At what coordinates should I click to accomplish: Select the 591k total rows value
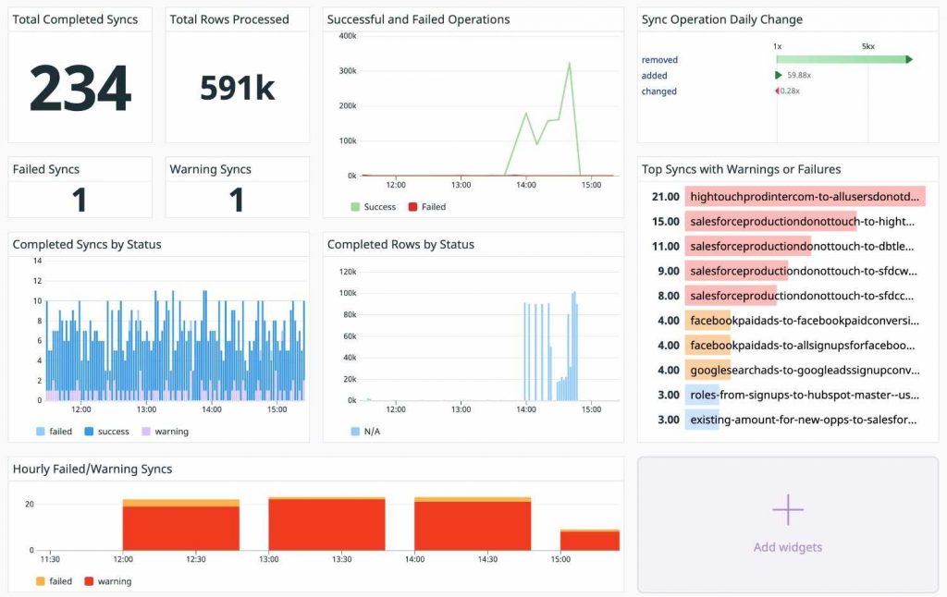[238, 87]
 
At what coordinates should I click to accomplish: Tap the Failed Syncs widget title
[46, 169]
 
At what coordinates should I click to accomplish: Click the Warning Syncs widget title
[210, 169]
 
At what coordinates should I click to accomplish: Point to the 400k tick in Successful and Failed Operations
[348, 36]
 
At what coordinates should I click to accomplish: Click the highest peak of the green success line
[569, 64]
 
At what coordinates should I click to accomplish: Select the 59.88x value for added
[799, 76]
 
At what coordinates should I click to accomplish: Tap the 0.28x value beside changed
[789, 91]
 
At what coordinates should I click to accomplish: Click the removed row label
[659, 60]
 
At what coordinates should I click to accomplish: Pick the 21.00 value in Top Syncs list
[665, 197]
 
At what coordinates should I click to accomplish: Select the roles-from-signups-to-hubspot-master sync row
[803, 396]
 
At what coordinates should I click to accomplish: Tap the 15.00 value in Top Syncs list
[665, 222]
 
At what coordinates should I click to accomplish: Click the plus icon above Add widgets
[787, 509]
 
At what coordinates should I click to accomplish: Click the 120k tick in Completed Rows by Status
[348, 272]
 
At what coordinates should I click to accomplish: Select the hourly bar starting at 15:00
[589, 540]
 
